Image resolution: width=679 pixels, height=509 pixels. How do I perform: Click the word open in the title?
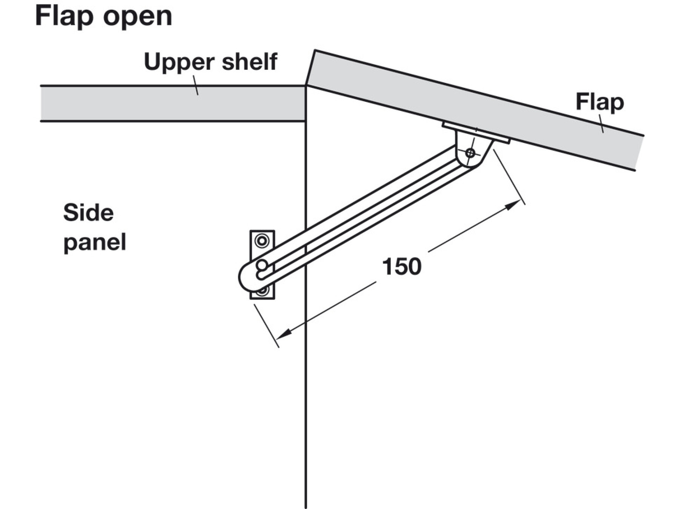coord(138,17)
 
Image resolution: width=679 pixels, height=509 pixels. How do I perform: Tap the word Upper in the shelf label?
coord(179,62)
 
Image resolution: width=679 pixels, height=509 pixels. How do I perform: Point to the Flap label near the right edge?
coord(599,103)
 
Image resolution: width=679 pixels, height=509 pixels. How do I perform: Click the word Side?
coord(88,213)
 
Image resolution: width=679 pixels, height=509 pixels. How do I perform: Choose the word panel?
coord(94,242)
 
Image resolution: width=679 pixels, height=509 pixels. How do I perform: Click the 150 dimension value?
coord(401,267)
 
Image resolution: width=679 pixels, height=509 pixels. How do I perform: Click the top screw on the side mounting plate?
coord(262,241)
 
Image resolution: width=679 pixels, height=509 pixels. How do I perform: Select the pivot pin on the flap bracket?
coord(470,153)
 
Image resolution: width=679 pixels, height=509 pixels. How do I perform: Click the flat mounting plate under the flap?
coord(476,133)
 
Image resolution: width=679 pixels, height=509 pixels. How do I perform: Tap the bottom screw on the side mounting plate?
coord(263,291)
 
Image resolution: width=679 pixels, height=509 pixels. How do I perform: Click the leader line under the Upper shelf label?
coord(196,85)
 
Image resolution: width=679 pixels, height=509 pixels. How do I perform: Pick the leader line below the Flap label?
coord(601,124)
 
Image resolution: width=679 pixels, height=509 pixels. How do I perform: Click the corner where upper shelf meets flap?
coord(306,86)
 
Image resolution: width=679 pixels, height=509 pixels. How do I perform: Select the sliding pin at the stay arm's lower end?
coord(261,265)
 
